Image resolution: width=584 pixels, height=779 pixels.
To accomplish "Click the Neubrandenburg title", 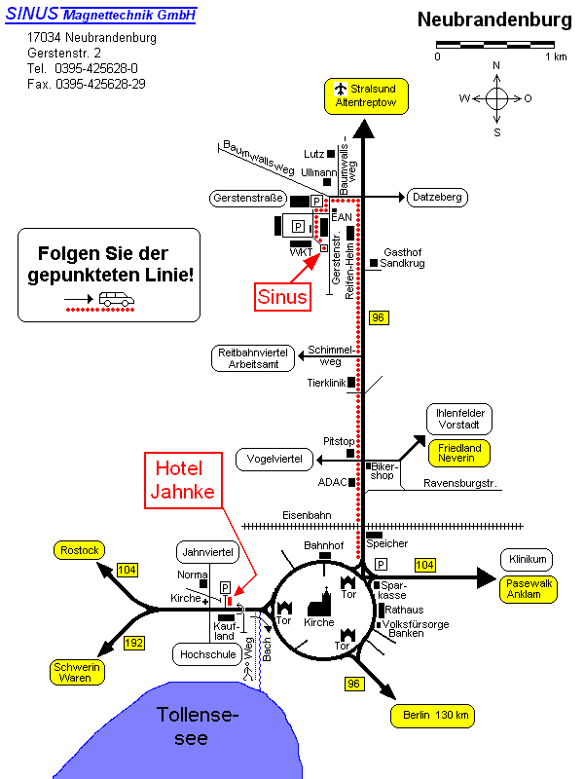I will [x=493, y=20].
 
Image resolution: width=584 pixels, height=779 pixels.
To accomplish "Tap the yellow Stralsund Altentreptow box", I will [x=365, y=94].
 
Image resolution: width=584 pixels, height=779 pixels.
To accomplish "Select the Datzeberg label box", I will [x=437, y=198].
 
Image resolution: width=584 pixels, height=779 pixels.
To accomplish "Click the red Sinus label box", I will [x=282, y=296].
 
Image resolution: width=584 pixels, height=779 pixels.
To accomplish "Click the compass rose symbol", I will [x=496, y=98].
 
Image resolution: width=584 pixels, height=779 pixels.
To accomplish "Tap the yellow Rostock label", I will [x=80, y=551].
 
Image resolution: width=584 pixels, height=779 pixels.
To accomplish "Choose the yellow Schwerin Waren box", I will [x=78, y=672].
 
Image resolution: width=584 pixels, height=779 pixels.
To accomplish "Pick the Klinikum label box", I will [x=528, y=559].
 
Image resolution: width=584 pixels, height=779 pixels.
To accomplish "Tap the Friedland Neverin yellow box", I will [x=459, y=453].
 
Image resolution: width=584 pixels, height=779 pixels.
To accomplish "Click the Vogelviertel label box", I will [x=274, y=458].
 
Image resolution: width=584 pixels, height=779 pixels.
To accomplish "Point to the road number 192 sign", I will [x=134, y=643].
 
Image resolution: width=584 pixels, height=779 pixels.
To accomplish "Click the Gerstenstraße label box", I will [x=246, y=199].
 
